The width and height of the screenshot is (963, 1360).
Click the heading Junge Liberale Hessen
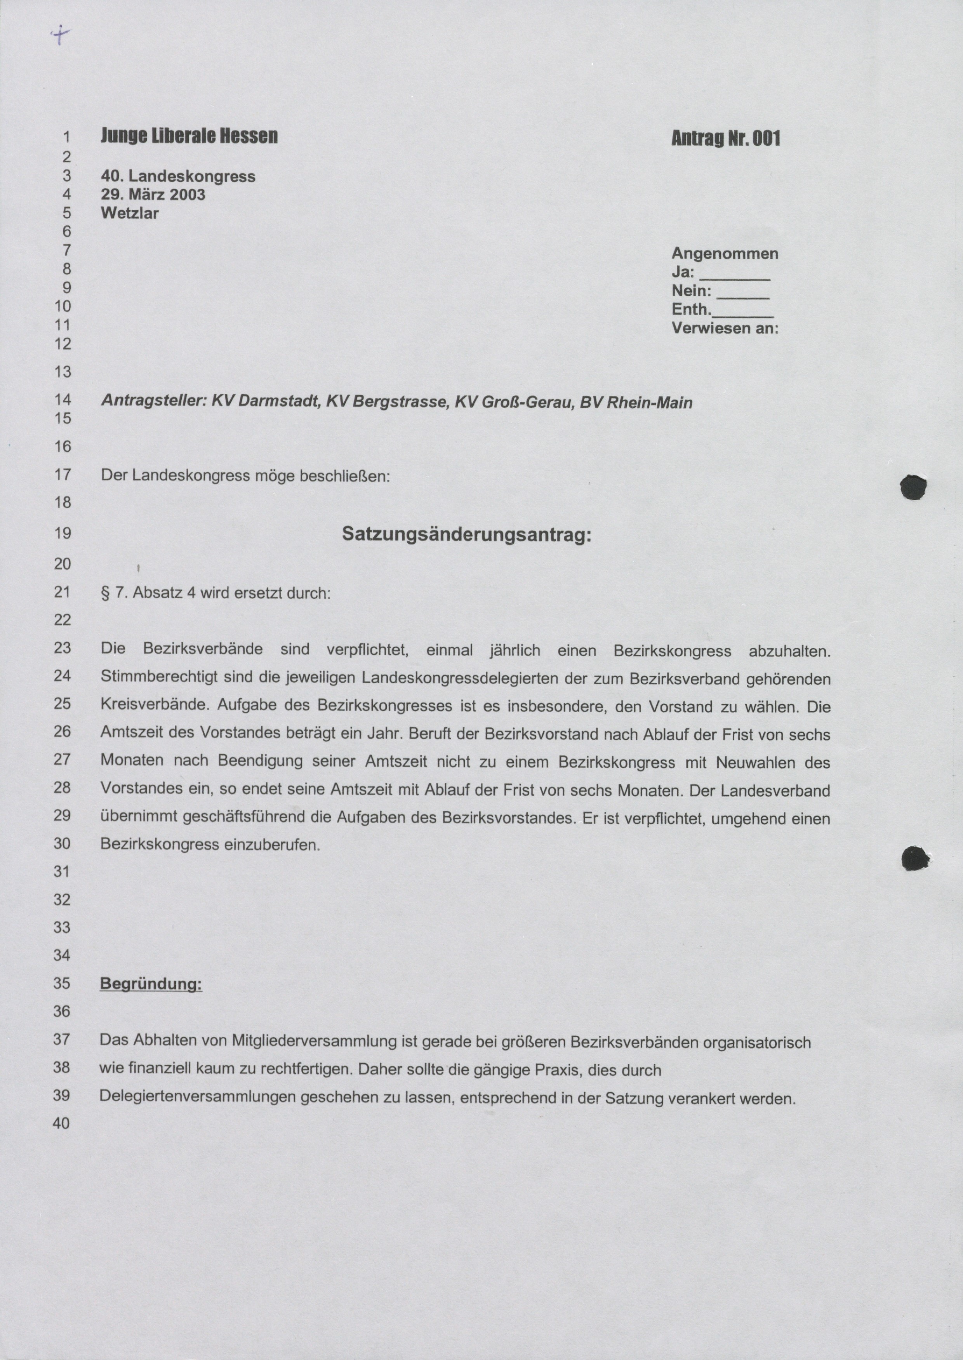pyautogui.click(x=189, y=136)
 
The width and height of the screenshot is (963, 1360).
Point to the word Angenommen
pyautogui.click(x=725, y=254)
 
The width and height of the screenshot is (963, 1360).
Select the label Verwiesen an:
pyautogui.click(x=725, y=328)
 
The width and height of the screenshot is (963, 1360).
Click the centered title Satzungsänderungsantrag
pyautogui.click(x=467, y=535)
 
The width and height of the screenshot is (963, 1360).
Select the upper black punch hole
pyautogui.click(x=914, y=487)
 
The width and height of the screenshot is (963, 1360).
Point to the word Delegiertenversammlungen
pyautogui.click(x=198, y=1097)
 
